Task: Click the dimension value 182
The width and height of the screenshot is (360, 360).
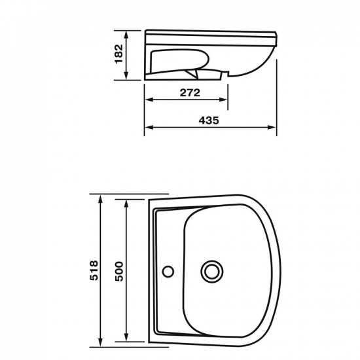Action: (x=118, y=54)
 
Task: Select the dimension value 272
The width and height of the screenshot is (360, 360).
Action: (x=190, y=93)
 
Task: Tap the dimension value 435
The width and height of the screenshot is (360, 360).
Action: (x=209, y=120)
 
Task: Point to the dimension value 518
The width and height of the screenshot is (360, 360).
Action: (x=94, y=270)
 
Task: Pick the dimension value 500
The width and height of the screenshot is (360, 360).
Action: (x=119, y=271)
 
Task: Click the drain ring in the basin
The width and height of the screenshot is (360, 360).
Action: (x=212, y=272)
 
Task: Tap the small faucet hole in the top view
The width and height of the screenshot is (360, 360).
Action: (x=168, y=271)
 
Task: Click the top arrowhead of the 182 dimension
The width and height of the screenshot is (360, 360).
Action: (x=126, y=35)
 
